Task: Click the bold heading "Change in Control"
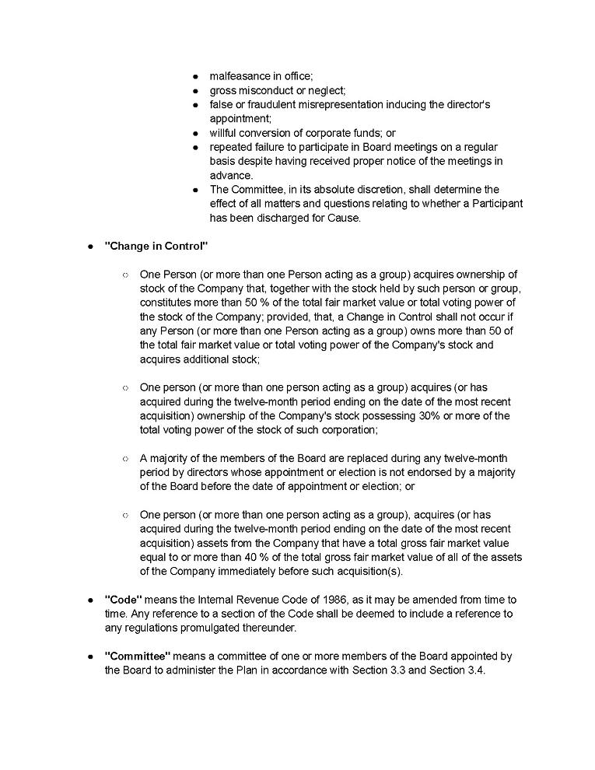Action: point(156,246)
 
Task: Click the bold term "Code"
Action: point(123,600)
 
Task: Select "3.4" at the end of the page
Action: point(474,670)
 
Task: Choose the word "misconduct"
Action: point(268,90)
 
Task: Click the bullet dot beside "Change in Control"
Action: point(90,246)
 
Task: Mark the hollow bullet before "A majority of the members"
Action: point(124,459)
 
